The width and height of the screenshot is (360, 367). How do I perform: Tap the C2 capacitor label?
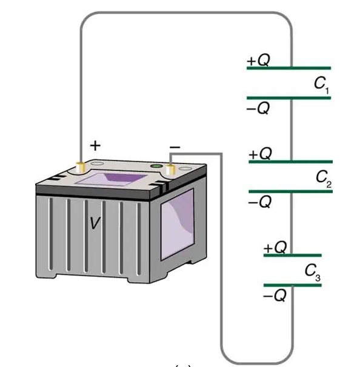tap(324, 179)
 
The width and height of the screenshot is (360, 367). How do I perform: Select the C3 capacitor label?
tap(313, 272)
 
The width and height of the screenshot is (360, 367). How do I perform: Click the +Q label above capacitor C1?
tap(258, 60)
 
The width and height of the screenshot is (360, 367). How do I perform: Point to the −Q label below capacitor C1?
tap(258, 108)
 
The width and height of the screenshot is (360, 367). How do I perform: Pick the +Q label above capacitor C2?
tap(260, 154)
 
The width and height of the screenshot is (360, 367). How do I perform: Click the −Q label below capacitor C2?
tap(260, 202)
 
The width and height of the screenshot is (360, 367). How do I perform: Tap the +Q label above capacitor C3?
tap(275, 247)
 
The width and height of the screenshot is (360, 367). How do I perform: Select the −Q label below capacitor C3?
tap(275, 296)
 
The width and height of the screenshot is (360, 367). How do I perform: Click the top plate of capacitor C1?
tap(289, 68)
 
